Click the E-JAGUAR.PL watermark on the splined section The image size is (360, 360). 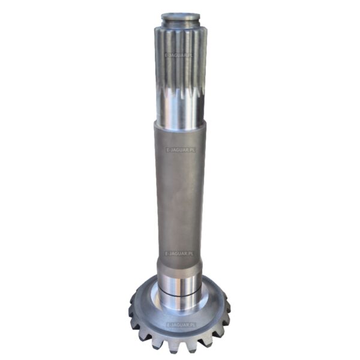pyautogui.click(x=179, y=55)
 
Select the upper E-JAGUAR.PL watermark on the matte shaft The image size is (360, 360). pyautogui.click(x=181, y=151)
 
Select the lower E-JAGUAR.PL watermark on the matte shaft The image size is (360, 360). pyautogui.click(x=179, y=253)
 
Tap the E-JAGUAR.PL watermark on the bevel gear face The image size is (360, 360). pyautogui.click(x=181, y=325)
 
